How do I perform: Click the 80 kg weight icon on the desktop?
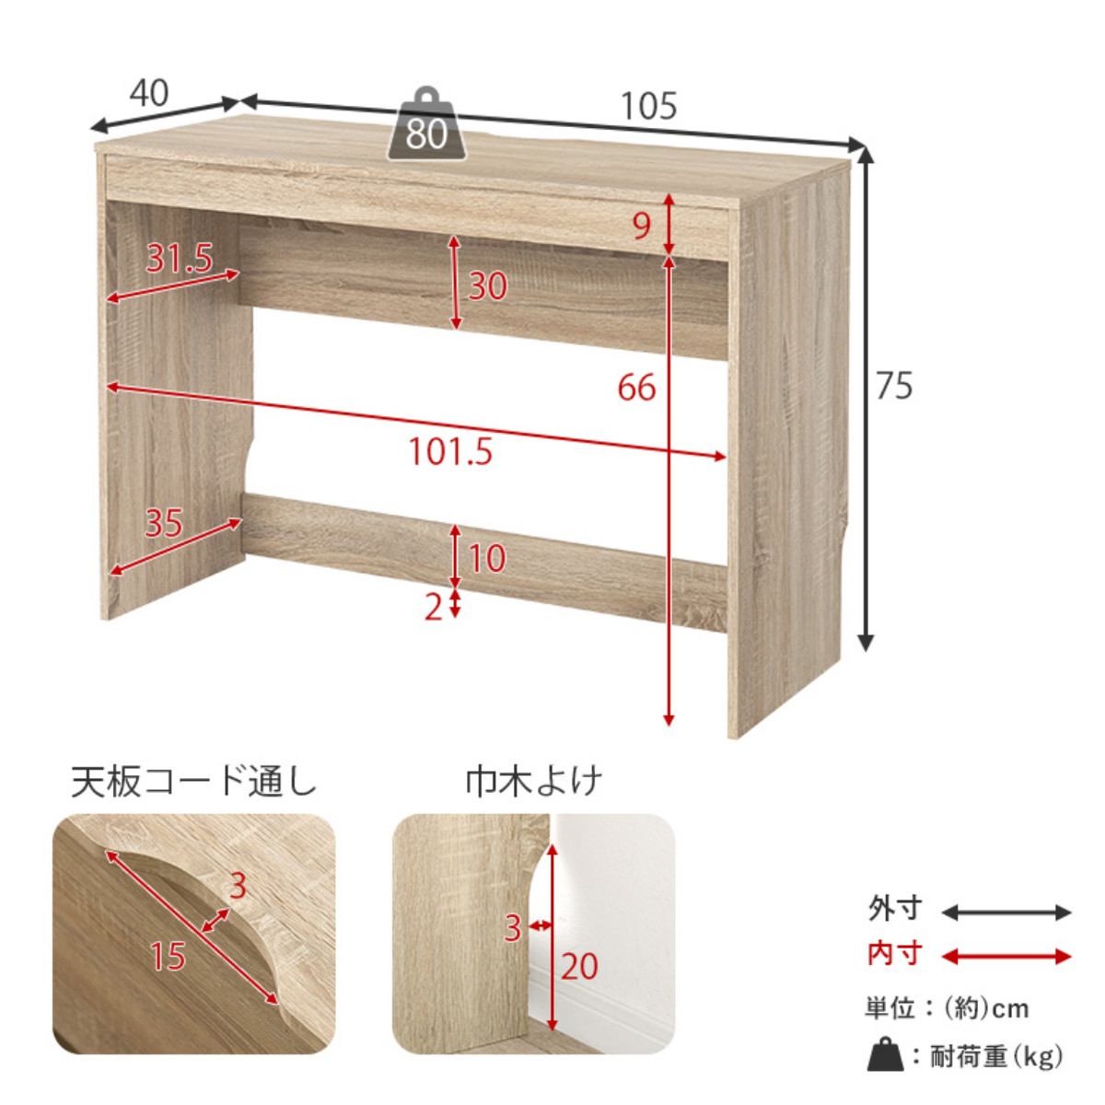pyautogui.click(x=426, y=124)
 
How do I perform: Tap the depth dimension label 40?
pyautogui.click(x=149, y=93)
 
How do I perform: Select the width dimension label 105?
pyautogui.click(x=649, y=107)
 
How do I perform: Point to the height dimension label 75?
pyautogui.click(x=894, y=386)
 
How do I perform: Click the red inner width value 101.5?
pyautogui.click(x=450, y=451)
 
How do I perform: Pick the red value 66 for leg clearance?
pyautogui.click(x=636, y=388)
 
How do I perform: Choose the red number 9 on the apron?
pyautogui.click(x=642, y=226)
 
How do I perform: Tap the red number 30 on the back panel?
pyautogui.click(x=487, y=286)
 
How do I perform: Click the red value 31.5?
pyautogui.click(x=179, y=258)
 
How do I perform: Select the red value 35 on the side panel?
pyautogui.click(x=163, y=523)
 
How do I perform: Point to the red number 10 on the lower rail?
pyautogui.click(x=487, y=558)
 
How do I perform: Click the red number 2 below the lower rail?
pyautogui.click(x=434, y=607)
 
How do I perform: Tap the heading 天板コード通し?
pyautogui.click(x=193, y=782)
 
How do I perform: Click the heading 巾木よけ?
pyautogui.click(x=533, y=781)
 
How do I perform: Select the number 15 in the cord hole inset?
pyautogui.click(x=168, y=956)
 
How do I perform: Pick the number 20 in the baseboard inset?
pyautogui.click(x=579, y=966)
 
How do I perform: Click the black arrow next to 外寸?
pyautogui.click(x=1006, y=913)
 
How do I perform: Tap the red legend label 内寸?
pyautogui.click(x=894, y=954)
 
